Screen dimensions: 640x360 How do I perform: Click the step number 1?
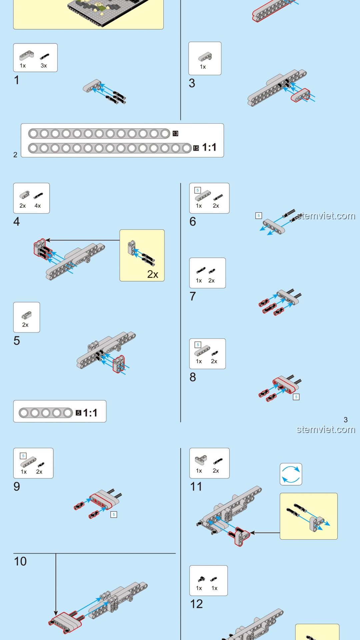[x=17, y=80]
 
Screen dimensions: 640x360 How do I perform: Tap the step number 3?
[x=192, y=83]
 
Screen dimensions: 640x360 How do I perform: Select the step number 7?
[x=193, y=296]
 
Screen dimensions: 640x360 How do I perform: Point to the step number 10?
[x=20, y=561]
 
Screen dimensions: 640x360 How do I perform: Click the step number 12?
[x=196, y=604]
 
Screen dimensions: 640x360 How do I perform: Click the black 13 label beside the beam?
[x=175, y=134]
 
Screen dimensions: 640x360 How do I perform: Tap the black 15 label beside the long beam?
[x=196, y=148]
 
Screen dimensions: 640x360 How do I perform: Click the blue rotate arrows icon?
[x=291, y=474]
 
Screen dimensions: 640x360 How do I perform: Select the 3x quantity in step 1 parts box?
[x=44, y=66]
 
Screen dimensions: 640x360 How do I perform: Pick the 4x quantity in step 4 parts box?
[x=38, y=206]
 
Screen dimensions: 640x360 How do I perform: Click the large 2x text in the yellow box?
[x=153, y=274]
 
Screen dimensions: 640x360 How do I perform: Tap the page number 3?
[x=346, y=420]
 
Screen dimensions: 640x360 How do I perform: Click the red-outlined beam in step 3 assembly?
[x=300, y=95]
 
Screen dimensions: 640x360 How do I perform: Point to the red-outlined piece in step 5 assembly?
[x=119, y=364]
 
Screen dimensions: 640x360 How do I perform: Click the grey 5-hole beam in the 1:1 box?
[x=46, y=413]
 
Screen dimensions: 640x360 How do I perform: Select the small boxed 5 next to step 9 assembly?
[x=114, y=515]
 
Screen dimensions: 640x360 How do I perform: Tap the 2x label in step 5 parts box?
[x=25, y=325]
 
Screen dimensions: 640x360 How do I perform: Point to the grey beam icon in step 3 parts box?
[x=205, y=57]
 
